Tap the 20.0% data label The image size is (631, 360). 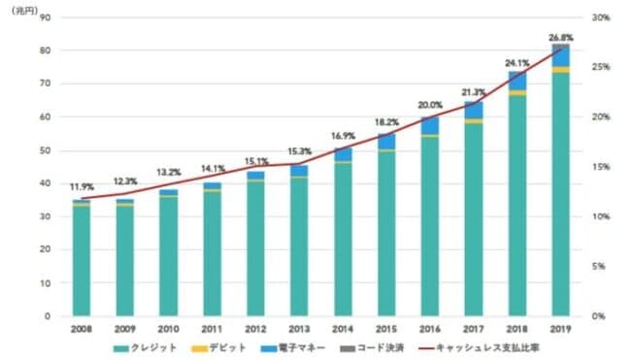(429, 104)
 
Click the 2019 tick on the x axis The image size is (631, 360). (560, 329)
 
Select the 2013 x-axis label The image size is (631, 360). (299, 329)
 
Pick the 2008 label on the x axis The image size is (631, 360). (82, 329)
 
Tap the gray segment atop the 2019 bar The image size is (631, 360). (560, 46)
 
